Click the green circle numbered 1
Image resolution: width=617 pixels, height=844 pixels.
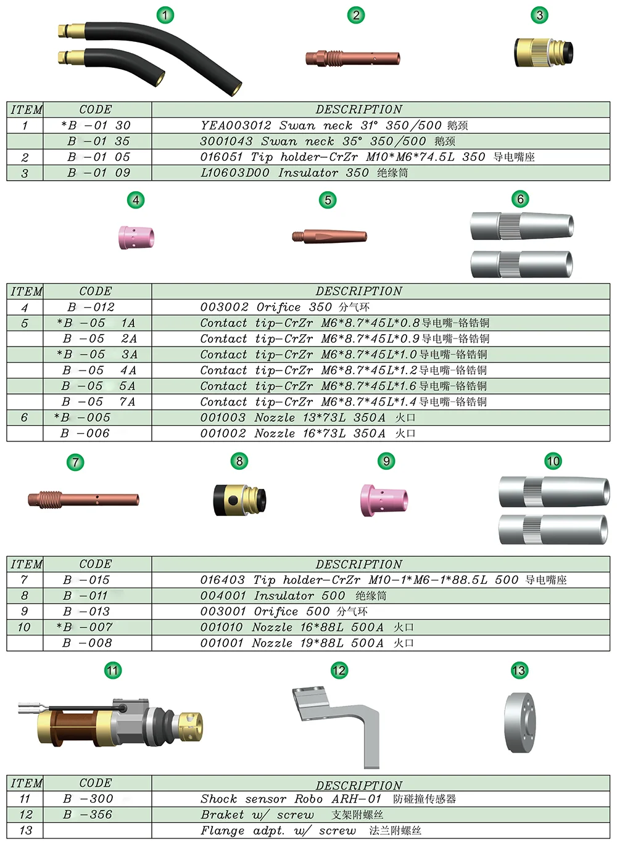coord(165,15)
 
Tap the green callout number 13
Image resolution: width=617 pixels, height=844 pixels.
coord(519,670)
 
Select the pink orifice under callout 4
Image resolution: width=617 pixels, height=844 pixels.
coord(136,237)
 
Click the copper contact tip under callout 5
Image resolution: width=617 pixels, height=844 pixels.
coord(329,236)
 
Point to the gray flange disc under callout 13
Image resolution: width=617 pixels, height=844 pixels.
coord(520,723)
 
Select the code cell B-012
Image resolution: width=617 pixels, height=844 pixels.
coord(91,307)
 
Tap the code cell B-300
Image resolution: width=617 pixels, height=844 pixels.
coord(88,799)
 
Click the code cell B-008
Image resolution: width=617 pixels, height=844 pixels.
coord(87,643)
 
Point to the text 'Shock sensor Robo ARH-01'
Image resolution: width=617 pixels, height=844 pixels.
coord(291,799)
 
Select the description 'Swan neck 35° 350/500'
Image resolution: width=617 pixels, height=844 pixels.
coord(313,141)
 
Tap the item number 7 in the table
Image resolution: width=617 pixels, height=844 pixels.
coord(24,580)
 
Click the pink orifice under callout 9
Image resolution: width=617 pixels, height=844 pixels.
coord(384,499)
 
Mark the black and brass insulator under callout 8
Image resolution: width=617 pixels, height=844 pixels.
coord(239,499)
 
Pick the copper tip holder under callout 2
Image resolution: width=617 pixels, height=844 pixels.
coord(353,59)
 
